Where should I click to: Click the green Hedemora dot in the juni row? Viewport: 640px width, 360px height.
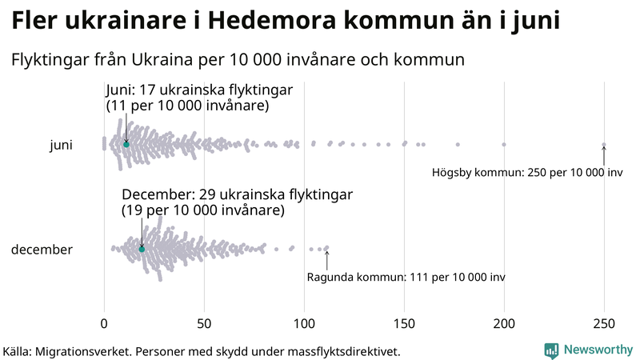tap(126, 144)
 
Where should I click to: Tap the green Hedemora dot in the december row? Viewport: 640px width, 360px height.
tap(142, 249)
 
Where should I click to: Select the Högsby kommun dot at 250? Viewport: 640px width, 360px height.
tap(604, 145)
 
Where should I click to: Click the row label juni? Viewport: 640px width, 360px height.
tap(61, 145)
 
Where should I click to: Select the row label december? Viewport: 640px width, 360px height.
tap(42, 250)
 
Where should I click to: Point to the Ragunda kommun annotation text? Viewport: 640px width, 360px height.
tap(406, 278)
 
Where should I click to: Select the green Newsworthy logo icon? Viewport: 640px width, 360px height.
tap(551, 350)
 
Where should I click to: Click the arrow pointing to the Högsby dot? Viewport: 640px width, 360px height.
tap(604, 155)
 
